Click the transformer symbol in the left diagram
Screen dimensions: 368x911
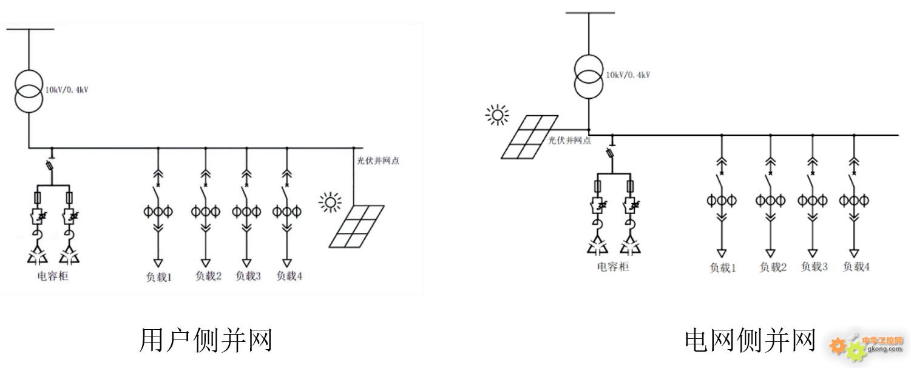click(29, 91)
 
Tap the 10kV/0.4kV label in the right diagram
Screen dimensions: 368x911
click(628, 75)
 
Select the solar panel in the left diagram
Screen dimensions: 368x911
click(357, 226)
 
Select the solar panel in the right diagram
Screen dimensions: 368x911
click(529, 138)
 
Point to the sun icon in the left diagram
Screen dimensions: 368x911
click(330, 202)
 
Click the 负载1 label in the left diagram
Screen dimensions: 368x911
click(158, 277)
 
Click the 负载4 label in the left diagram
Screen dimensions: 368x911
click(289, 276)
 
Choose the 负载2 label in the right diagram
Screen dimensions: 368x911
click(772, 267)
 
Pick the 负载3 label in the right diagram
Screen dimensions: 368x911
click(814, 266)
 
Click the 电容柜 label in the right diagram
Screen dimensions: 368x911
click(612, 266)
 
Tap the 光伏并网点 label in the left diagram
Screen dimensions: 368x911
click(378, 161)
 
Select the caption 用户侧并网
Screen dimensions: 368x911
click(206, 340)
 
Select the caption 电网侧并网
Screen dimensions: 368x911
click(750, 340)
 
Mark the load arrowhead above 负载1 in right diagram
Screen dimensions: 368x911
click(722, 252)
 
